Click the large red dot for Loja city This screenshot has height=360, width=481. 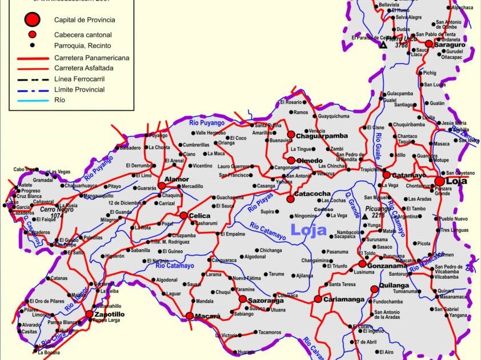coord(439,181)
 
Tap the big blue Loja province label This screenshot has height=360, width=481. coord(309,230)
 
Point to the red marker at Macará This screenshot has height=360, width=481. coord(190,315)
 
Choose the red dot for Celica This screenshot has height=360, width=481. coord(183,215)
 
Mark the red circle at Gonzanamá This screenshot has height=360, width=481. coord(362,263)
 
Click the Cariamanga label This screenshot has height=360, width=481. coord(344,299)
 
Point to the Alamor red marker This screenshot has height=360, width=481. coord(162,186)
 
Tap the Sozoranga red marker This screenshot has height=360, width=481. coord(242,299)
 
